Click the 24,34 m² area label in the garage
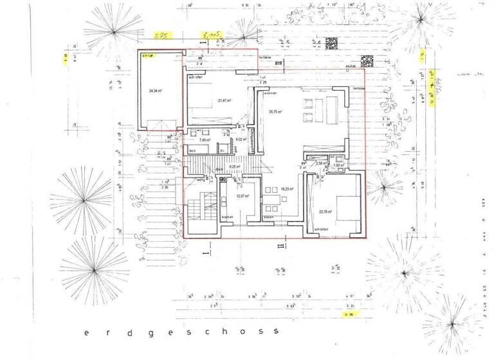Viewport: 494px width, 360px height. coord(154,91)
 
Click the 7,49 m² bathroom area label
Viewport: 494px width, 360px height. coord(205,139)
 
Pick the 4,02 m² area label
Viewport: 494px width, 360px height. coord(241,139)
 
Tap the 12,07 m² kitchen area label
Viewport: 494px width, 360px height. coord(242,196)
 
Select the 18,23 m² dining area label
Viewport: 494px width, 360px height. coord(287,189)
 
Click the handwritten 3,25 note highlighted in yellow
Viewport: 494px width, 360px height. coord(159,37)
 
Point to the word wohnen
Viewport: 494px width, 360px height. coord(268,93)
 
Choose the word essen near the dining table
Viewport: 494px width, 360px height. coord(268,217)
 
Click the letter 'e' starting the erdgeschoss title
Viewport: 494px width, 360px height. coord(85,333)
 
